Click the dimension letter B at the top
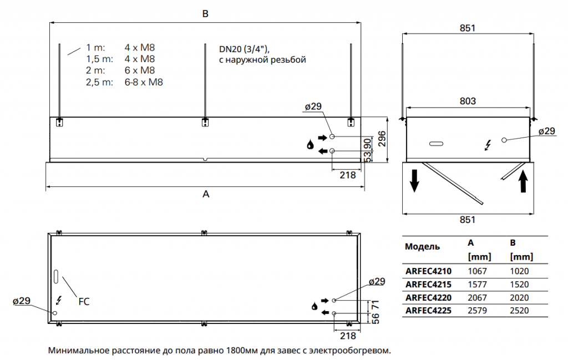[x=205, y=15]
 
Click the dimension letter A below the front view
[x=206, y=194]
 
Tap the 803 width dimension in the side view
[x=468, y=101]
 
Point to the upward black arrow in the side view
[x=523, y=181]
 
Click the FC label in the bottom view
[x=83, y=302]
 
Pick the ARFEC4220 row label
[x=428, y=297]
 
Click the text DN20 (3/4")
[x=244, y=48]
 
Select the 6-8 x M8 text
[x=144, y=82]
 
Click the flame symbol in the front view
[x=310, y=145]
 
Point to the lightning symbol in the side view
[x=488, y=145]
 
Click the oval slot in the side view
[x=437, y=144]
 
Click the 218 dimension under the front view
[x=347, y=175]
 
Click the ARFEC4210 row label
[x=428, y=271]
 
